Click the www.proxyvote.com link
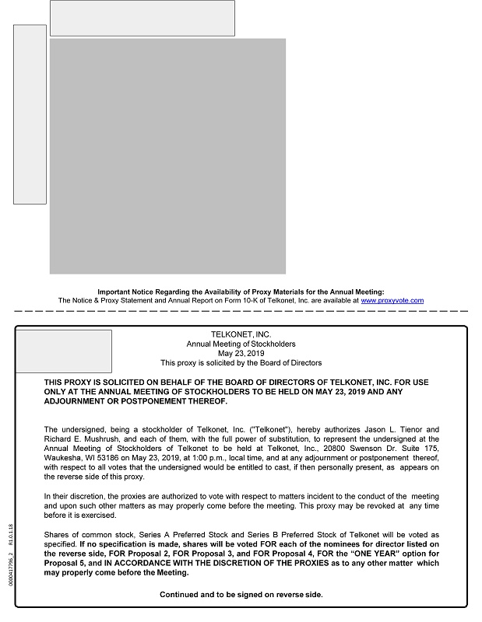point(392,300)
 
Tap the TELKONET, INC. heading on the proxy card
point(241,334)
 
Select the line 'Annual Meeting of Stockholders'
point(241,344)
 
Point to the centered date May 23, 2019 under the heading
point(241,353)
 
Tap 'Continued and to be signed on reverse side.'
point(241,595)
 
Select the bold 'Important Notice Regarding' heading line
point(241,291)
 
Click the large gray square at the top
point(167,156)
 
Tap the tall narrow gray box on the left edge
point(30,114)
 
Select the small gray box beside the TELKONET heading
point(64,351)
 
